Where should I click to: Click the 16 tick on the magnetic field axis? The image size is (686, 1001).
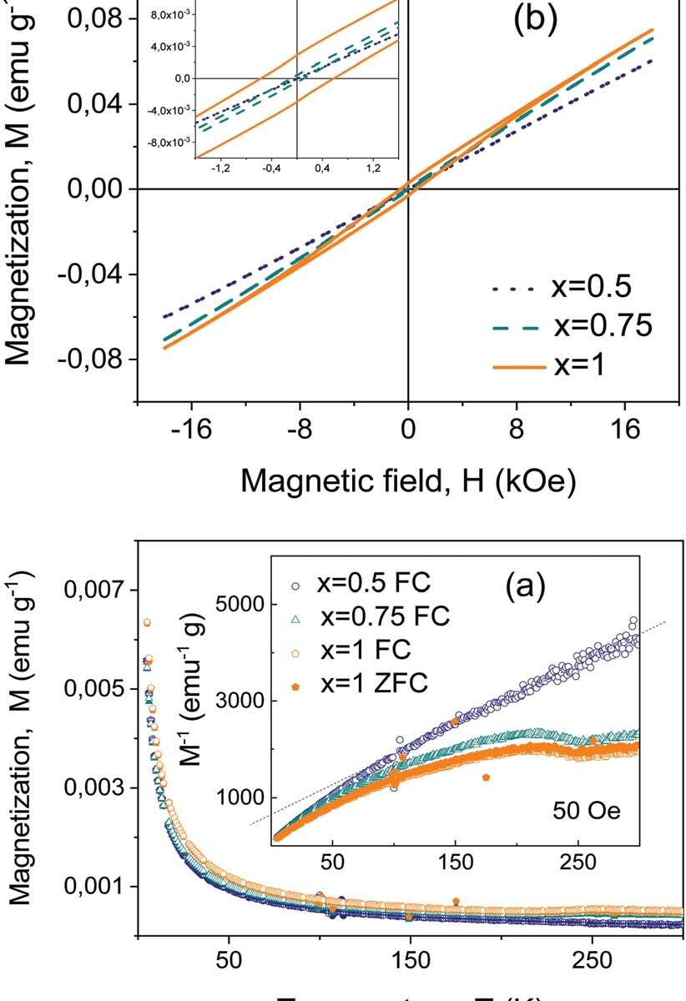(x=627, y=430)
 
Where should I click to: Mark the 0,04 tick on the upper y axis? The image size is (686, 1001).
(x=97, y=104)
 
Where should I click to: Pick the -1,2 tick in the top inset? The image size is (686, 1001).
(x=222, y=169)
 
